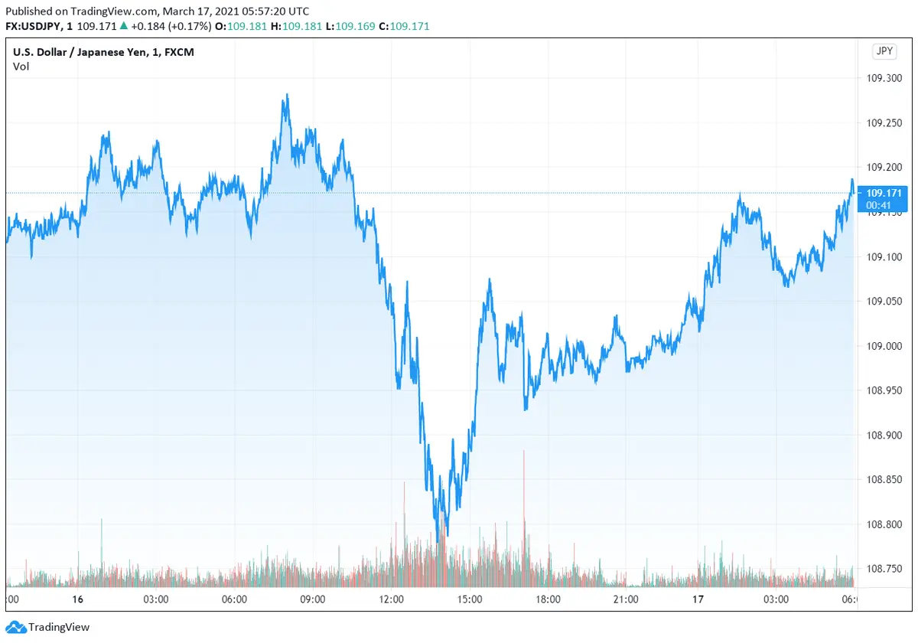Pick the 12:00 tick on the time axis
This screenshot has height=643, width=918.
tap(391, 599)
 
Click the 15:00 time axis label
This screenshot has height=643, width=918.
tap(469, 599)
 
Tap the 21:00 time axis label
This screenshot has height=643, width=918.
tap(626, 599)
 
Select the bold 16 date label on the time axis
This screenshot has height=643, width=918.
tap(76, 599)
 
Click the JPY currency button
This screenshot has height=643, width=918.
tap(884, 51)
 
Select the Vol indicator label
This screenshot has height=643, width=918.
tap(21, 67)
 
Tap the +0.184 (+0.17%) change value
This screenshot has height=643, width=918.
tap(173, 26)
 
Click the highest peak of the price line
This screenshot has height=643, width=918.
tap(287, 95)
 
